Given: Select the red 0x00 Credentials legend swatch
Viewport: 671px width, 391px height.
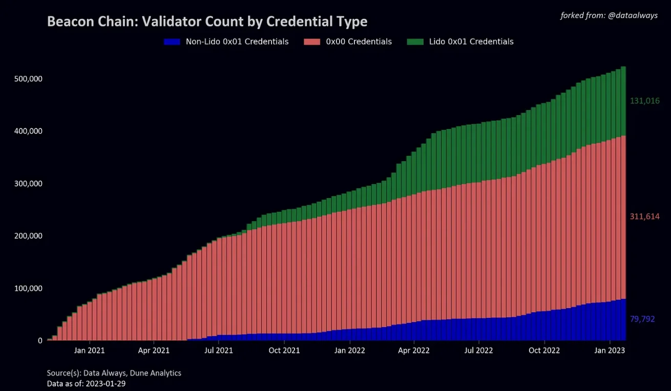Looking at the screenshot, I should (312, 42).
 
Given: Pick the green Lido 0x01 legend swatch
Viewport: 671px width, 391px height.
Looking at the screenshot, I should (415, 42).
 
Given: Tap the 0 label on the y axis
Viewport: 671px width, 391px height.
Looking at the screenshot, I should (40, 341).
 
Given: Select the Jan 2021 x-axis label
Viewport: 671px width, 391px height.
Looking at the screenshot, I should (90, 351).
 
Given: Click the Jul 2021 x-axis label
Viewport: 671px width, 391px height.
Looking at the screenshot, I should (219, 351).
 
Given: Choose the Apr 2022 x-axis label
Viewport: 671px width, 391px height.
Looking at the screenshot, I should (414, 351).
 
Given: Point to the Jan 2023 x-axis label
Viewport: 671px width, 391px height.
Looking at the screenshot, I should (610, 351).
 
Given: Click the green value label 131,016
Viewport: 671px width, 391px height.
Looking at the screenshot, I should (644, 101).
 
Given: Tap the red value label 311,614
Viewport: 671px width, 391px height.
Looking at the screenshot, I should (644, 217).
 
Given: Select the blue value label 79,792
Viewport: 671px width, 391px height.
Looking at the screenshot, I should (642, 319).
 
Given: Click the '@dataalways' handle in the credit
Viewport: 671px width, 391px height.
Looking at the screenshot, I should (632, 16).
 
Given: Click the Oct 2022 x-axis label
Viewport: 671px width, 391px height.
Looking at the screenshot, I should (544, 351).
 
